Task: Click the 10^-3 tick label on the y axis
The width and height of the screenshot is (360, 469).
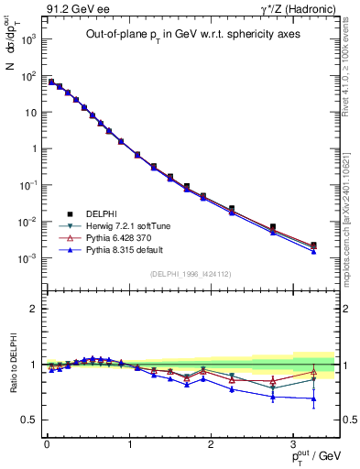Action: tap(27, 258)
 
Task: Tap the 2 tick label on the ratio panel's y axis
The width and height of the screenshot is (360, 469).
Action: tap(33, 309)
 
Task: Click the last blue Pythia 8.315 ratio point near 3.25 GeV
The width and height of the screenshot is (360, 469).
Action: tap(313, 398)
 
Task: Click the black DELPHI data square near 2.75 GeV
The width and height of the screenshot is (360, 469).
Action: tap(272, 226)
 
